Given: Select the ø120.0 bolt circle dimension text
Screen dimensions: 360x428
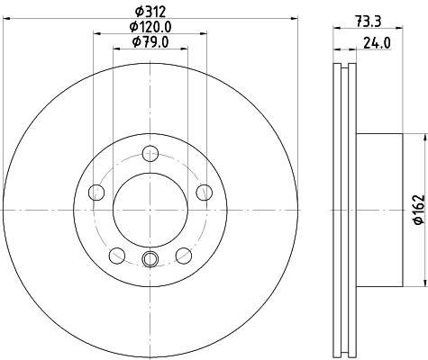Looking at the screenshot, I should [150, 26].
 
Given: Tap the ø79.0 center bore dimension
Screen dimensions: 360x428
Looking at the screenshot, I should [150, 41].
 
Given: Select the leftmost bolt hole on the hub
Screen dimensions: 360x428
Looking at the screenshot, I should [96, 191].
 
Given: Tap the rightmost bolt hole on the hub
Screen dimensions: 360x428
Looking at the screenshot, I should [205, 191].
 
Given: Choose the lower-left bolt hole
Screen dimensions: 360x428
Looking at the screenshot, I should [116, 255].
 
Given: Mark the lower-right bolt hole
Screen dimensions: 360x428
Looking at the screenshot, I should [184, 255].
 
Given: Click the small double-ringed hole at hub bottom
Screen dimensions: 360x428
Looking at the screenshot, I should [150, 260].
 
